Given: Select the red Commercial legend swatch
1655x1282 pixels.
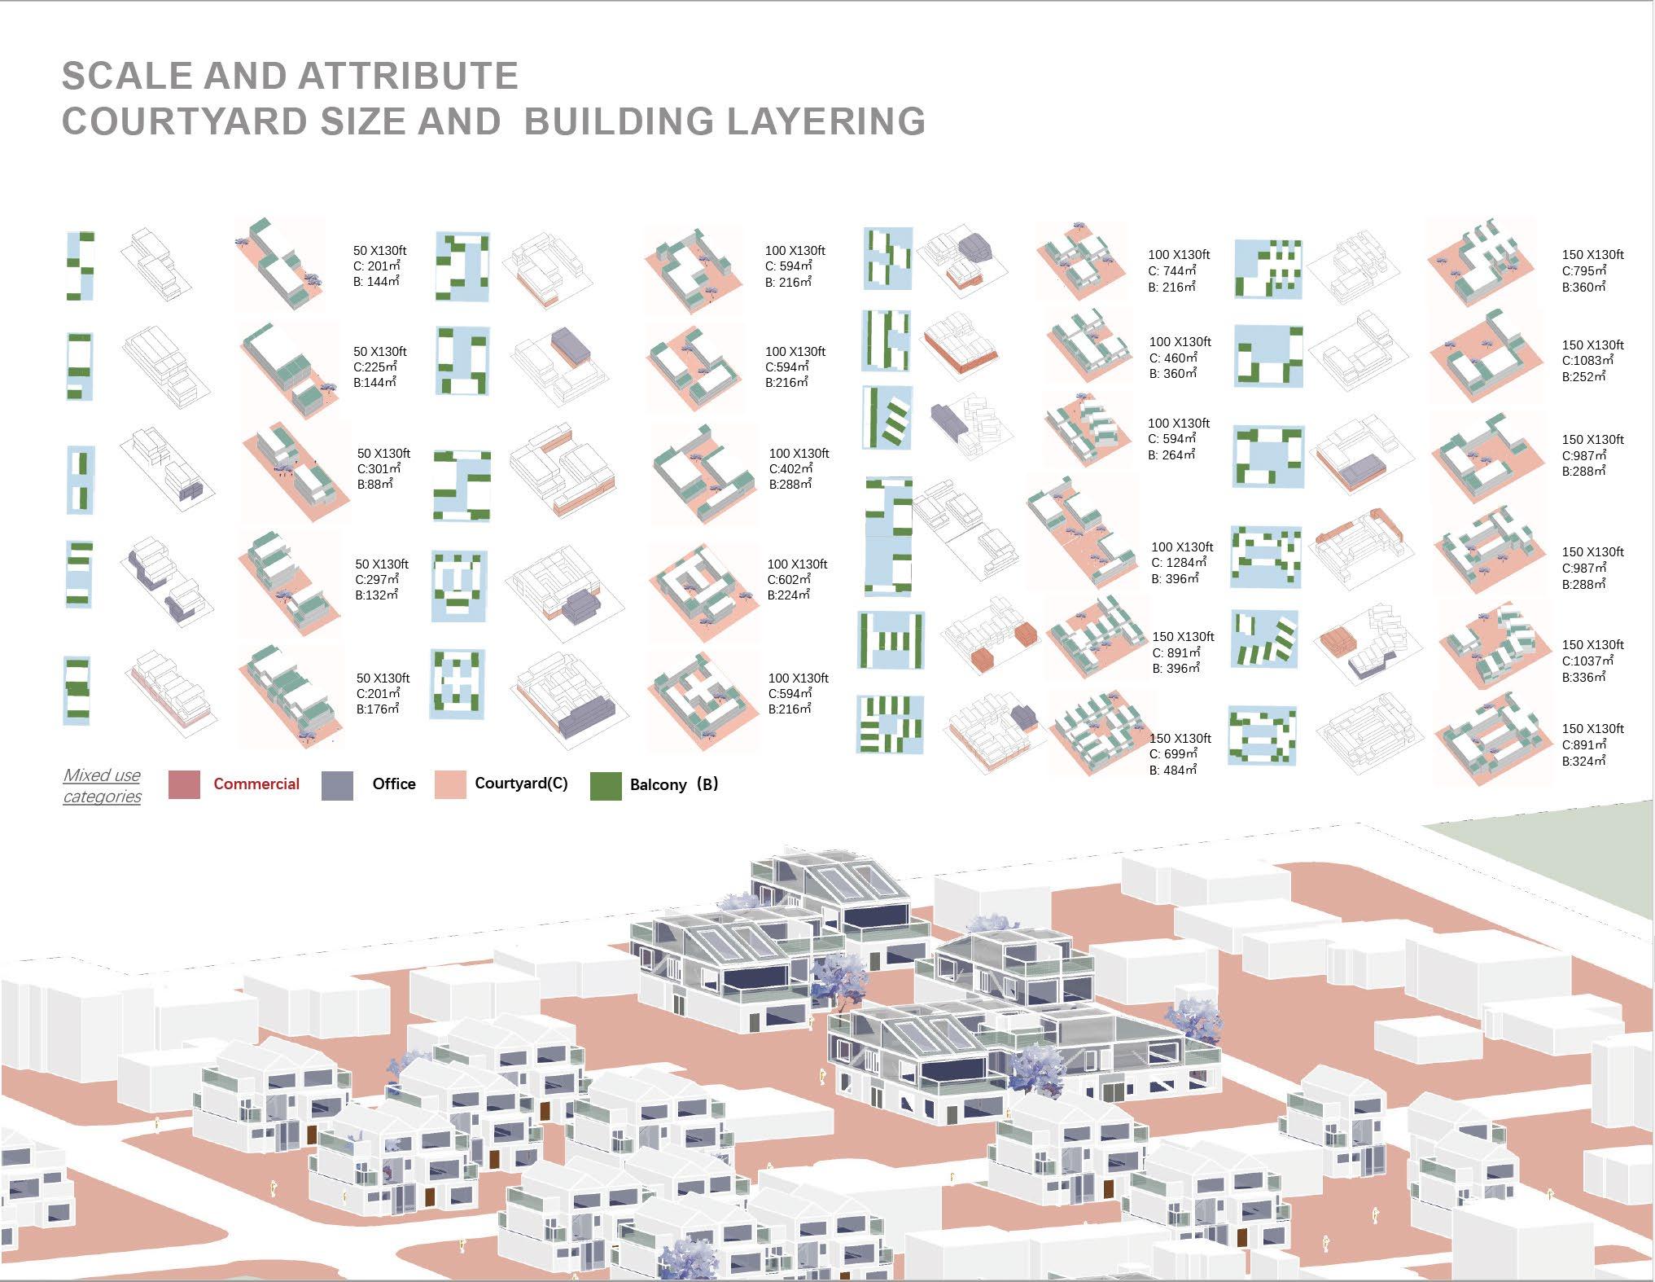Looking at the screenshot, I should point(184,784).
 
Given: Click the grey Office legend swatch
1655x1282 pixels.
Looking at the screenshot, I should point(337,785).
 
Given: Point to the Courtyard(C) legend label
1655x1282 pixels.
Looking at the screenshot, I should point(521,784).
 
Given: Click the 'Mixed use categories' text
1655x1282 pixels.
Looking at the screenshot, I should point(102,786).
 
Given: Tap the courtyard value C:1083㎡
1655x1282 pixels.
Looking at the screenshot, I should point(1587,361).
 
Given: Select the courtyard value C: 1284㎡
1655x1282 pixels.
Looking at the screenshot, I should point(1179,563).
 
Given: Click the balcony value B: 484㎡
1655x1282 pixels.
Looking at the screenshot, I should point(1173,770).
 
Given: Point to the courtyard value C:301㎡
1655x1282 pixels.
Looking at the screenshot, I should point(379,469).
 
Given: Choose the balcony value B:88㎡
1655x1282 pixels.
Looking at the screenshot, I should point(374,485).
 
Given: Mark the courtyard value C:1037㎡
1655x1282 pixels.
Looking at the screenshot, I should point(1587,661).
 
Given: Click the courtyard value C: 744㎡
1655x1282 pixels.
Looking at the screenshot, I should point(1172,271).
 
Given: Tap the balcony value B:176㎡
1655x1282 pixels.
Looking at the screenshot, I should point(378,709).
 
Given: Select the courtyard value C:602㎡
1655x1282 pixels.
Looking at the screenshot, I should point(790,580).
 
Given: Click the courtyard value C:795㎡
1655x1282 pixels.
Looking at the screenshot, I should point(1584,271).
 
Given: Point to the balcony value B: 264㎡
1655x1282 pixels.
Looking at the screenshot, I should point(1171,455).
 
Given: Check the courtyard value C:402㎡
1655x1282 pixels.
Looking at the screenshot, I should point(791,469).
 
